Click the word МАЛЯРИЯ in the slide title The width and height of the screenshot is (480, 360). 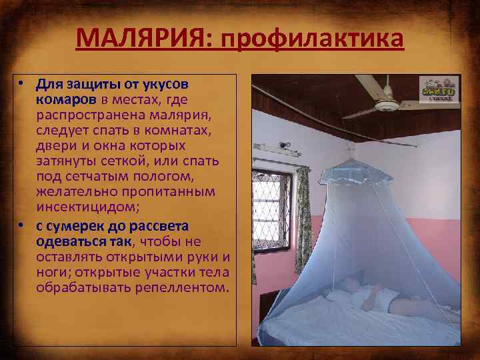141,38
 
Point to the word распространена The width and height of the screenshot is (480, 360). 82,115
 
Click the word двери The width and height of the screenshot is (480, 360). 54,145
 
